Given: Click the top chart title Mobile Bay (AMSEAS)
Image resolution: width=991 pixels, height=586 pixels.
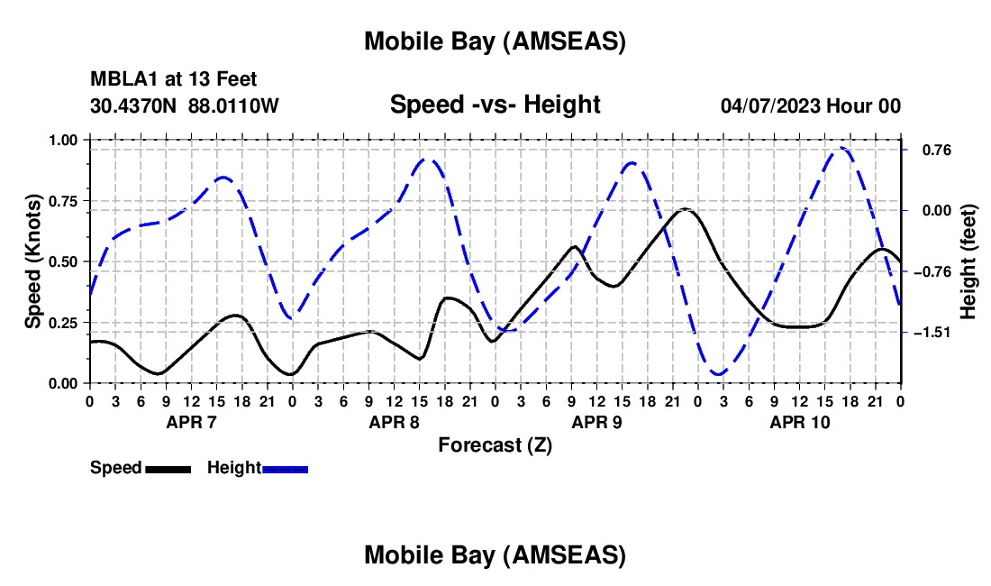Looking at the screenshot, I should (495, 41).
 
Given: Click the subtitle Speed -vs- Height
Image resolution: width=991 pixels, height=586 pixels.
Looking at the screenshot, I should (495, 105).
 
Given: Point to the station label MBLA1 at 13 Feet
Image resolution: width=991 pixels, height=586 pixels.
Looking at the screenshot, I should (174, 80).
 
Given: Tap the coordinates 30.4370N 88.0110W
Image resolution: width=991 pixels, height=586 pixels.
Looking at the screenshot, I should (185, 105).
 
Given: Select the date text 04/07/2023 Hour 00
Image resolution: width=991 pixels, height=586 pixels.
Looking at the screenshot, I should (810, 105).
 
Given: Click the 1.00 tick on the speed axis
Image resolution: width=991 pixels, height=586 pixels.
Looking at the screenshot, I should (63, 140).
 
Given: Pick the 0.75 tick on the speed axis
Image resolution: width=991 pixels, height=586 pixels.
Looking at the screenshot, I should (63, 201).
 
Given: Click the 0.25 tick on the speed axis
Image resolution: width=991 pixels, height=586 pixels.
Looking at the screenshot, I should (63, 323).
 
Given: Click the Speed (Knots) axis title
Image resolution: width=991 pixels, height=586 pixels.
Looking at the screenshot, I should (33, 261).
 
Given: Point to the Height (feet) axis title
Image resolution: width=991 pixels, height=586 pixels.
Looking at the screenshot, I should (968, 261).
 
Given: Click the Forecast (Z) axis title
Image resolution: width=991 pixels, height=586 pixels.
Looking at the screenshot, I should (495, 444).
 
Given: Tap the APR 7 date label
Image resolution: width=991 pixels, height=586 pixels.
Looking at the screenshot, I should (191, 422).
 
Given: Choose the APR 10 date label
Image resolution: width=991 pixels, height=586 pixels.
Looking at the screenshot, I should (799, 422).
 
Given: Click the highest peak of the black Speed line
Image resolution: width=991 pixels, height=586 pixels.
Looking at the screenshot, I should (686, 209).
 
